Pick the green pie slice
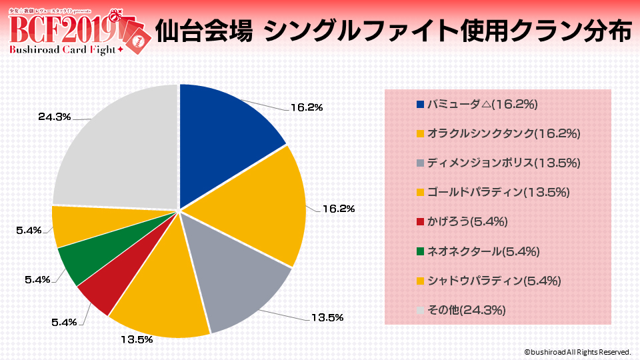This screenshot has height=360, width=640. click(77, 263)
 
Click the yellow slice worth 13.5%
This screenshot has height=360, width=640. click(163, 300)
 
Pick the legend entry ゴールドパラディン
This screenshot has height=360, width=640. click(493, 192)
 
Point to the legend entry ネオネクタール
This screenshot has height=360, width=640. click(477, 251)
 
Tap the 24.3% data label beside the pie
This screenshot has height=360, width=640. click(55, 117)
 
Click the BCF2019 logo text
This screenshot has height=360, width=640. click(63, 28)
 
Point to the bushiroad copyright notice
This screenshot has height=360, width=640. click(577, 351)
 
